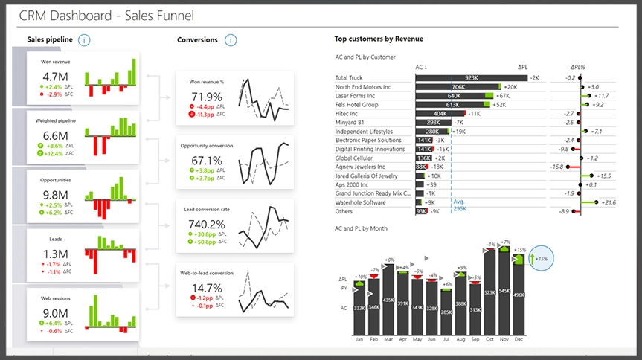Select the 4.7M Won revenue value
click(x=56, y=77)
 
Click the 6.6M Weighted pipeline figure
click(x=56, y=135)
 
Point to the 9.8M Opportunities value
click(x=56, y=195)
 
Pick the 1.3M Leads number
click(x=56, y=254)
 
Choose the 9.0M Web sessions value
click(x=56, y=313)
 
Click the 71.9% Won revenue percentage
click(x=207, y=97)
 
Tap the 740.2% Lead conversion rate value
click(x=207, y=225)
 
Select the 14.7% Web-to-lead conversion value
click(x=207, y=289)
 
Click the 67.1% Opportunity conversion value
click(x=207, y=160)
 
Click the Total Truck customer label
click(x=349, y=77)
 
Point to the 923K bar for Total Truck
click(x=471, y=77)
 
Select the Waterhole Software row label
click(x=360, y=202)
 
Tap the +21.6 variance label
click(x=609, y=202)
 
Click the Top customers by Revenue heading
click(x=379, y=39)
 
